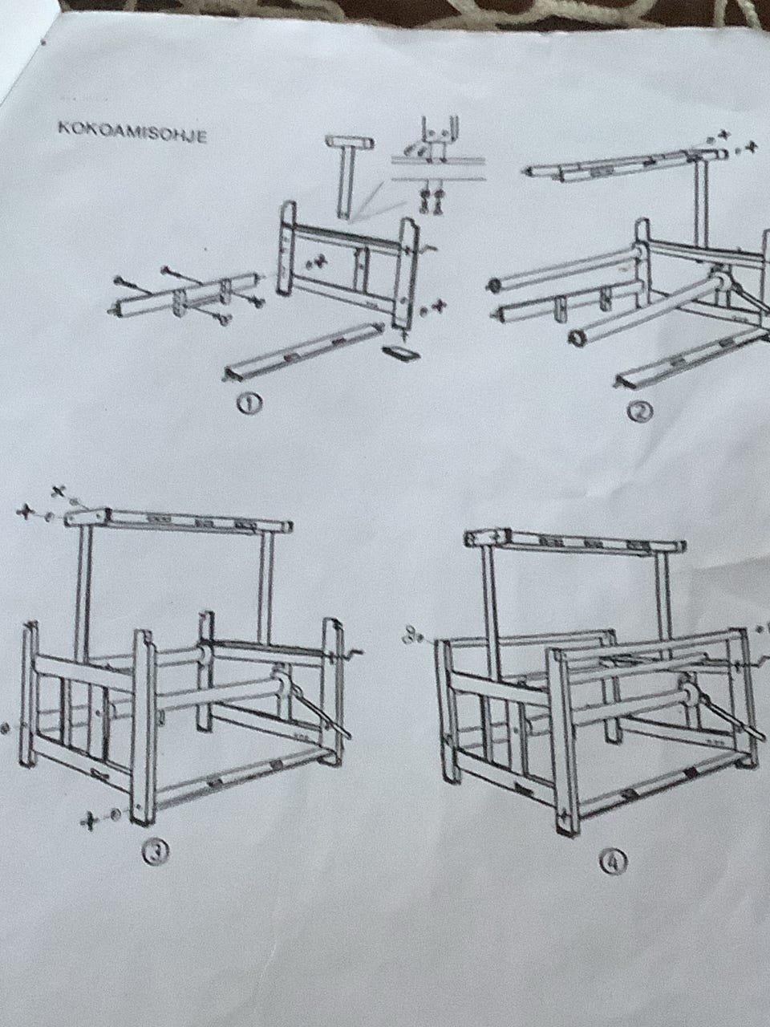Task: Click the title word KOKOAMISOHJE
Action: click(x=132, y=132)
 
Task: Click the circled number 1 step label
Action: click(x=249, y=403)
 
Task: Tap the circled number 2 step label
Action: click(x=638, y=412)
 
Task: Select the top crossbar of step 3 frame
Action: click(x=179, y=521)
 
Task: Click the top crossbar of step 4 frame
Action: click(x=575, y=542)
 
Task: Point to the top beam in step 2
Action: click(x=625, y=164)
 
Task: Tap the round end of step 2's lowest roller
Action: click(x=577, y=337)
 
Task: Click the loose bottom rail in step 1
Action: click(x=305, y=351)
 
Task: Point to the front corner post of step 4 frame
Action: click(x=565, y=739)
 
